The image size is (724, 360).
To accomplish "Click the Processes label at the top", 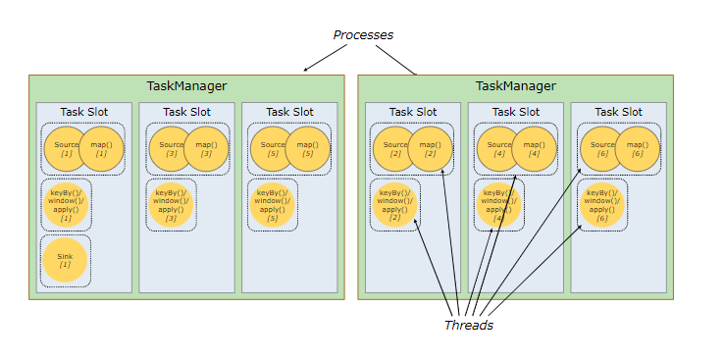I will pyautogui.click(x=363, y=35).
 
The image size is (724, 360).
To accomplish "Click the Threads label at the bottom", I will pyautogui.click(x=468, y=325).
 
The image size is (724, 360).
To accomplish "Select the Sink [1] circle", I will pyautogui.click(x=66, y=261).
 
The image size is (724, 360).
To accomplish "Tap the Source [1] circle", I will pyautogui.click(x=66, y=149).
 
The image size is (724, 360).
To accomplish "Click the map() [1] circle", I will pyautogui.click(x=101, y=149).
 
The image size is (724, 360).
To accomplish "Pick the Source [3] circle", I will pyautogui.click(x=171, y=149).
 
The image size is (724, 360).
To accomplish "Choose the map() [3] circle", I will pyautogui.click(x=206, y=149).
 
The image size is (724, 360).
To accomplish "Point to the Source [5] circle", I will pyautogui.click(x=273, y=149).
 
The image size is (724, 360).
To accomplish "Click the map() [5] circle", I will pyautogui.click(x=308, y=149).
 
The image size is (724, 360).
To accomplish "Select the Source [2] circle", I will pyautogui.click(x=394, y=149).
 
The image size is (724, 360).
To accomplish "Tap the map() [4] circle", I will pyautogui.click(x=534, y=149).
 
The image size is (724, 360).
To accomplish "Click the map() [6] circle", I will pyautogui.click(x=637, y=149).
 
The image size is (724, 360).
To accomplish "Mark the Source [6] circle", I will pyautogui.click(x=602, y=149).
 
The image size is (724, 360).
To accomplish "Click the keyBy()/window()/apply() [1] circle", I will pyautogui.click(x=66, y=204).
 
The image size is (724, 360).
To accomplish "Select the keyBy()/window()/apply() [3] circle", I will pyautogui.click(x=171, y=204).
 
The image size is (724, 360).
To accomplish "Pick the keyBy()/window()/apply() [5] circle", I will pyautogui.click(x=273, y=204).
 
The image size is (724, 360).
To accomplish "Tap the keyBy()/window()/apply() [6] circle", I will pyautogui.click(x=602, y=204).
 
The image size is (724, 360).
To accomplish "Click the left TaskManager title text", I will pyautogui.click(x=186, y=87).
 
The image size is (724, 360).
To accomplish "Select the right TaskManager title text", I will pyautogui.click(x=515, y=87).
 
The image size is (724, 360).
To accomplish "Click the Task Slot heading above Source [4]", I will pyautogui.click(x=516, y=112).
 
